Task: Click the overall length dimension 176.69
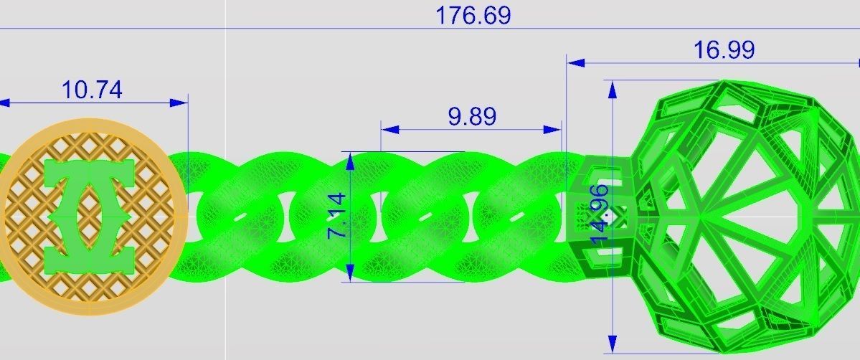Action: (473, 16)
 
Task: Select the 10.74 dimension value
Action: (92, 90)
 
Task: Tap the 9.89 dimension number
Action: (471, 116)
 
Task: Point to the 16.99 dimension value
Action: (723, 50)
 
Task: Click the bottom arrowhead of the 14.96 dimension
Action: (612, 344)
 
